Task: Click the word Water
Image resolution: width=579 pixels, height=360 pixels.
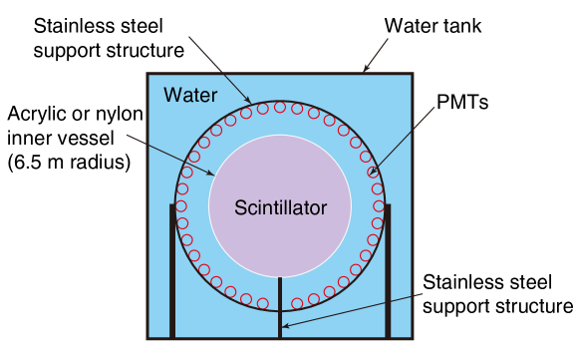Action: click(x=189, y=96)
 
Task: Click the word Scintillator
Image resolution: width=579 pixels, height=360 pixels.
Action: click(x=280, y=208)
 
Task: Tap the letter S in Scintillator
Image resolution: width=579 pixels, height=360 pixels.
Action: click(x=239, y=208)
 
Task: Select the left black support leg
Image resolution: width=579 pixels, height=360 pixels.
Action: click(x=172, y=269)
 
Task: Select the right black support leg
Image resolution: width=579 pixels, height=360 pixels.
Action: click(x=388, y=269)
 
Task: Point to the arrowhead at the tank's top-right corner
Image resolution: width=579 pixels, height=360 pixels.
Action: click(x=366, y=70)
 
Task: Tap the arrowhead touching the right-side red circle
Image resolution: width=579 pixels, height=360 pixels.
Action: click(x=371, y=174)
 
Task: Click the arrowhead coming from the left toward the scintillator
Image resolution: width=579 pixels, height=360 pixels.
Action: click(x=210, y=174)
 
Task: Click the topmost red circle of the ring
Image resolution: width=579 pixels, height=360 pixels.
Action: click(x=280, y=107)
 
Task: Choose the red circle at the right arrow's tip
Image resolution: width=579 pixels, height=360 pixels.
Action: click(x=375, y=173)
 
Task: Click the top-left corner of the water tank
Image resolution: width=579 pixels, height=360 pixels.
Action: click(x=148, y=74)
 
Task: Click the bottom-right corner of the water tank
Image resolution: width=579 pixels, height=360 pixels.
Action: click(x=412, y=338)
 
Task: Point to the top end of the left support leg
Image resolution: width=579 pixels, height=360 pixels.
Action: click(x=172, y=205)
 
